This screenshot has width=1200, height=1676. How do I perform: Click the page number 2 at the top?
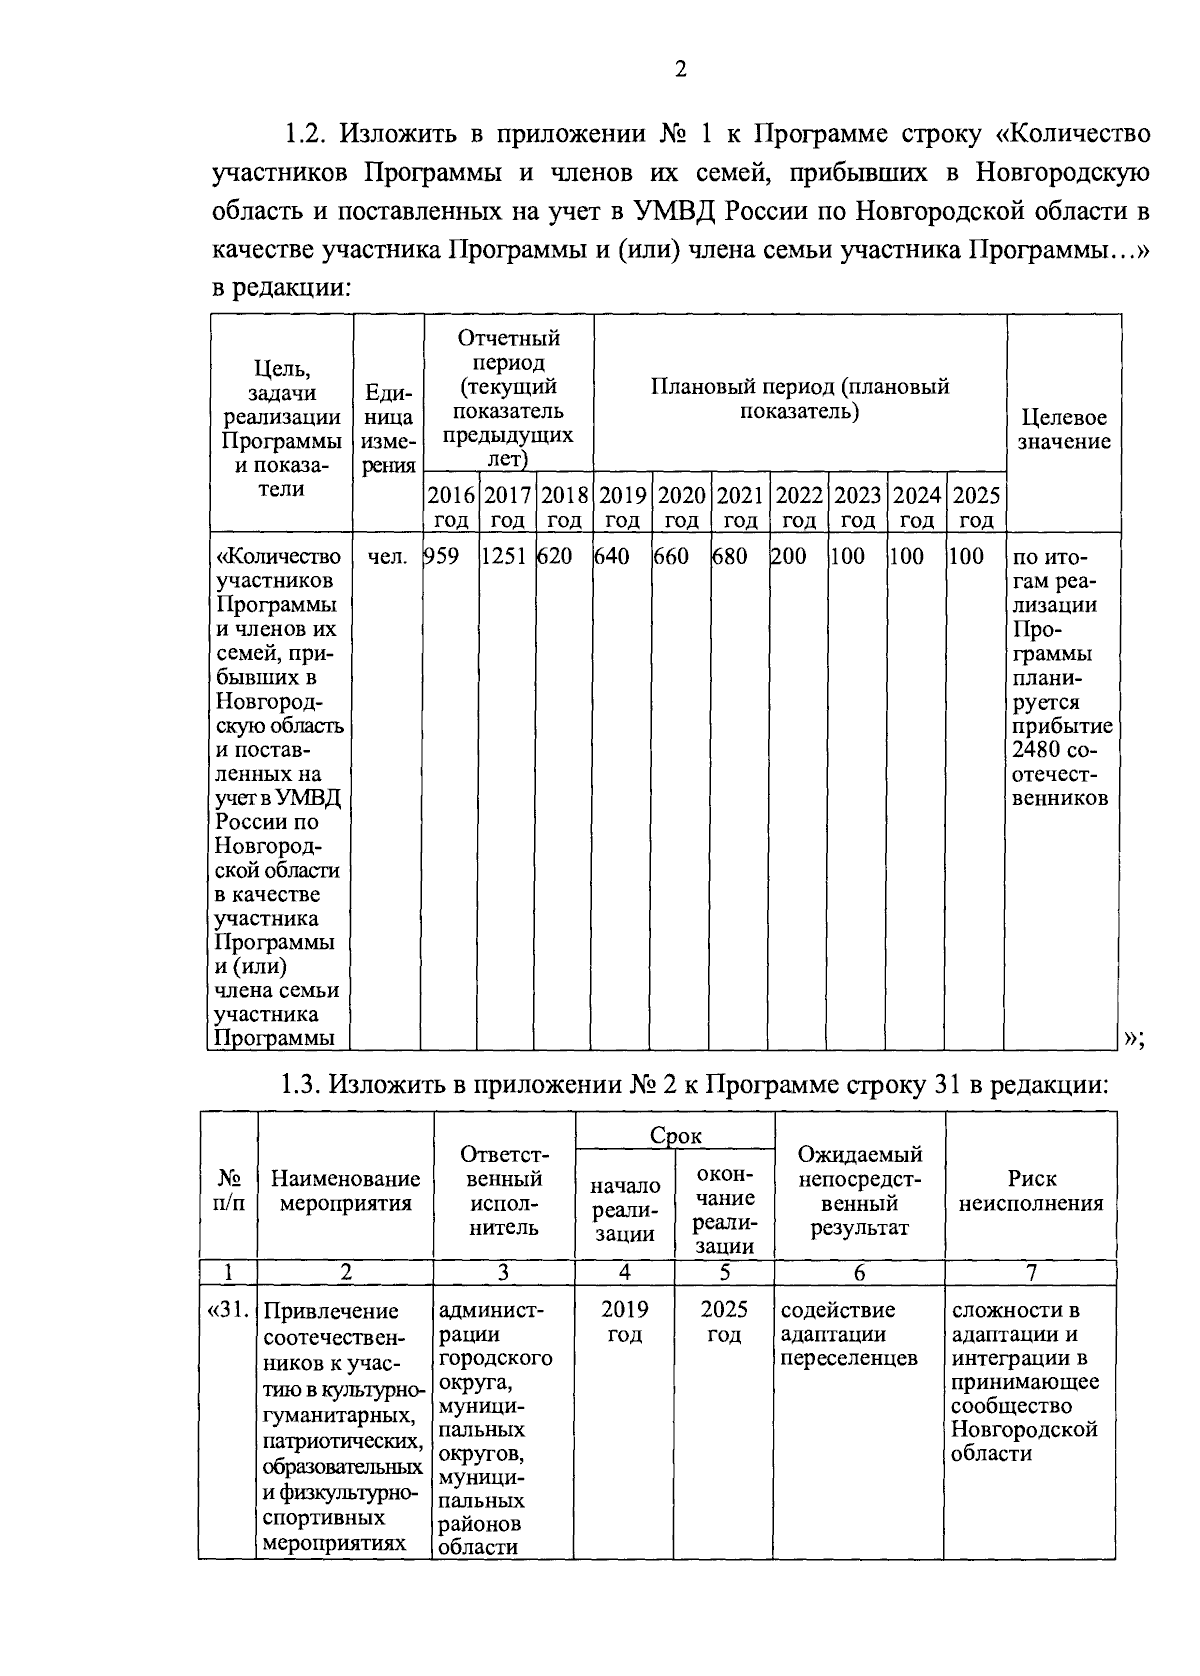click(x=681, y=69)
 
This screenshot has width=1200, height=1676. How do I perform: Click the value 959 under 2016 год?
click(x=442, y=557)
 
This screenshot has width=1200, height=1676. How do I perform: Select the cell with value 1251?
click(x=504, y=557)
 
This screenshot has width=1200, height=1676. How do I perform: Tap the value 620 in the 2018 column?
click(x=556, y=557)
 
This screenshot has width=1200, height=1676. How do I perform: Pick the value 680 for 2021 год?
click(x=730, y=557)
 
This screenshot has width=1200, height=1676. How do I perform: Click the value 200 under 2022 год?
click(x=789, y=557)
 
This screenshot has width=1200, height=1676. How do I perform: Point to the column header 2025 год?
click(x=976, y=507)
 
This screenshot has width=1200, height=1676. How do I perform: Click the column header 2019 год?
click(x=622, y=507)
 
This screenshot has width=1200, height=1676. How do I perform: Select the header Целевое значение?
click(x=1064, y=429)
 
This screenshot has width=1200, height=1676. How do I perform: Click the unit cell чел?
click(x=387, y=557)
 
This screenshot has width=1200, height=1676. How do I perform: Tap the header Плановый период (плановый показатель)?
click(x=799, y=399)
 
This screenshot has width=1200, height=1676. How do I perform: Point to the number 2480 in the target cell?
click(x=1031, y=750)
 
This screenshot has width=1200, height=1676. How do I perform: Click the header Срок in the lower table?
click(x=676, y=1136)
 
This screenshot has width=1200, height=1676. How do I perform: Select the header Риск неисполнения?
click(x=1031, y=1191)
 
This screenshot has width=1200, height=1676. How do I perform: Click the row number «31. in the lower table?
click(x=229, y=1310)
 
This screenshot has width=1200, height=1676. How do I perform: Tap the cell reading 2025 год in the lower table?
click(x=724, y=1322)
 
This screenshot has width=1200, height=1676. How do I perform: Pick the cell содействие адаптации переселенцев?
click(x=849, y=1334)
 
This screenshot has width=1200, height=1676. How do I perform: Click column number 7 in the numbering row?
click(x=1031, y=1273)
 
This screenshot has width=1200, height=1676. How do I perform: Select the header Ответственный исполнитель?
click(x=504, y=1191)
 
